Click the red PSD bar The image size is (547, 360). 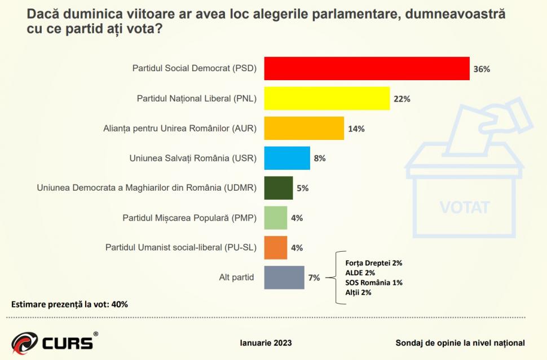pyautogui.click(x=367, y=69)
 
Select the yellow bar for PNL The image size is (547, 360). pyautogui.click(x=327, y=99)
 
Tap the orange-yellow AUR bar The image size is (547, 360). pyautogui.click(x=304, y=129)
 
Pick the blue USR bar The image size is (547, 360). pyautogui.click(x=287, y=159)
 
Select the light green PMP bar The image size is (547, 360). pyautogui.click(x=276, y=218)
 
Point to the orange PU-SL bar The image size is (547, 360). pyautogui.click(x=276, y=248)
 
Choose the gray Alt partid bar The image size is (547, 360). pyautogui.click(x=284, y=278)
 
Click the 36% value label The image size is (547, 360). pyautogui.click(x=482, y=69)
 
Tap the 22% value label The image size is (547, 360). pyautogui.click(x=402, y=99)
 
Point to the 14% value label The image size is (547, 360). pyautogui.click(x=356, y=129)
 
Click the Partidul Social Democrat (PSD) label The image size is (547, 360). pyautogui.click(x=195, y=69)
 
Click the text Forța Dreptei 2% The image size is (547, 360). pyautogui.click(x=373, y=262)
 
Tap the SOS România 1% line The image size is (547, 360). pyautogui.click(x=374, y=282)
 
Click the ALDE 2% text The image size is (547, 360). pyautogui.click(x=360, y=273)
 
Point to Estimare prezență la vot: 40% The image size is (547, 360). pyautogui.click(x=70, y=304)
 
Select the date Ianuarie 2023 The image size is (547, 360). pyautogui.click(x=266, y=343)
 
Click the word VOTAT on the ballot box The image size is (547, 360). pyautogui.click(x=465, y=207)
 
